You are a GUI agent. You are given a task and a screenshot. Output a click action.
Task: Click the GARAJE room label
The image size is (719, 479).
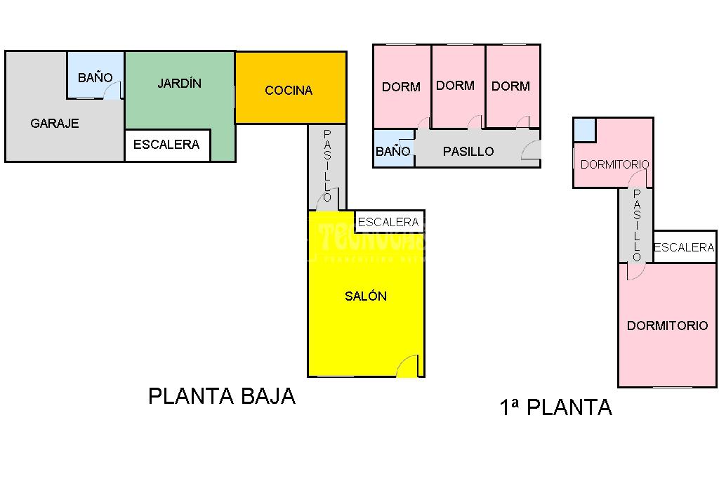tap(55, 124)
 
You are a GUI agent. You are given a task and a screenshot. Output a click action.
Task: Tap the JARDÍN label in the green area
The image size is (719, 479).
tap(179, 84)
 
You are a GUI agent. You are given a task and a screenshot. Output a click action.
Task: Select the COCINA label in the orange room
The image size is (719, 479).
tap(289, 91)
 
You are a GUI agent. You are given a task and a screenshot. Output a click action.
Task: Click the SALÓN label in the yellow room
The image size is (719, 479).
tap(366, 296)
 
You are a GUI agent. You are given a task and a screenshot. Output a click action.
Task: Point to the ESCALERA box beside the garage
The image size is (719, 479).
tap(167, 145)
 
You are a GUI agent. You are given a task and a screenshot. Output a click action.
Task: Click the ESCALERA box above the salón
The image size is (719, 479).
tap(388, 222)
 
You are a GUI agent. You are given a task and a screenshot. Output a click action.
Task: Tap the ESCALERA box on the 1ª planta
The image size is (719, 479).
tap(684, 247)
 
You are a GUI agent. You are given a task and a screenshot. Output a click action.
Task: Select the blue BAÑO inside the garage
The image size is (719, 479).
tap(95, 77)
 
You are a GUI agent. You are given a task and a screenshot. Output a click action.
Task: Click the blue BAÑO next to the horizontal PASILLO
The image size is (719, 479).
tap(393, 151)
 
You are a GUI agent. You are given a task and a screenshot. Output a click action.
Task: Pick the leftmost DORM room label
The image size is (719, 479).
tap(401, 87)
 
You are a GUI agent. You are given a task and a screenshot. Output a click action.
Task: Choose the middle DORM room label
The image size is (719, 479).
tap(455, 86)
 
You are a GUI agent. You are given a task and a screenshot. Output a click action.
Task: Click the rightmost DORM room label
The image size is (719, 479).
tap(510, 86)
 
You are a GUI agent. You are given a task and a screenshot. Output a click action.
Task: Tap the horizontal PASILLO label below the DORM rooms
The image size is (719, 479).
tap(468, 152)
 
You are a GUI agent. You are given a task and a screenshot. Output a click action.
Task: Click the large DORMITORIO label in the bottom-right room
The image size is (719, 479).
tap(667, 326)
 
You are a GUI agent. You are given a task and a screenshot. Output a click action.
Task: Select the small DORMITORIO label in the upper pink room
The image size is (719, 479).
tap(614, 164)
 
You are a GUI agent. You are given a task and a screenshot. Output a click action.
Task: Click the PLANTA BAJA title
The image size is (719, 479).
tap(221, 396)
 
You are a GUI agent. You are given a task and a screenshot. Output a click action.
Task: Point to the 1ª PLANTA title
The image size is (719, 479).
tap(555, 407)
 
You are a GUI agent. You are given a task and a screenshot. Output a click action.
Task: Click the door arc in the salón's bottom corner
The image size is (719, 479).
tap(408, 367)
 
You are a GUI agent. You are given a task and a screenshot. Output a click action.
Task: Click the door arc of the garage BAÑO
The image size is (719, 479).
tap(113, 91)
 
